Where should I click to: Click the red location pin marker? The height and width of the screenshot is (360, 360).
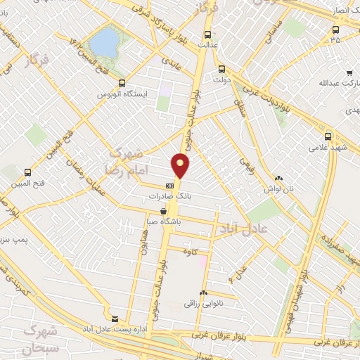(181, 165)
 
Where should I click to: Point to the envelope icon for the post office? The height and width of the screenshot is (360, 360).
(115, 318)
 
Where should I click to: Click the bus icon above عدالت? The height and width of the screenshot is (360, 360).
(207, 33)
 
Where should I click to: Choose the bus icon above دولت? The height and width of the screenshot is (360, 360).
(221, 69)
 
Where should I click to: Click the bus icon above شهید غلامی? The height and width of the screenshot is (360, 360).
(328, 136)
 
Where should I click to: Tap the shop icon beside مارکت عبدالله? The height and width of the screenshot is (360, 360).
(349, 72)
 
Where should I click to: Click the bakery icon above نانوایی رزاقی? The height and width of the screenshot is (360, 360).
(203, 292)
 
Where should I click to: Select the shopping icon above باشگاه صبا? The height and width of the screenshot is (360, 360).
(164, 210)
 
